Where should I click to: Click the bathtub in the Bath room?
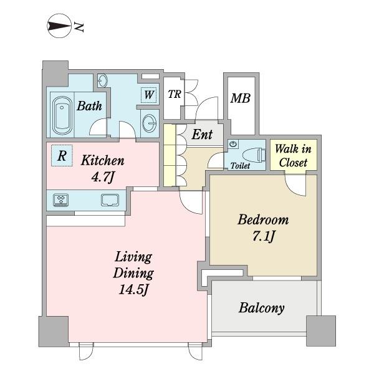62,115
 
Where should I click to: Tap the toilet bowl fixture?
254,154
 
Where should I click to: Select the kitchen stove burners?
61,200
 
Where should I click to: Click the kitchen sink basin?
110,200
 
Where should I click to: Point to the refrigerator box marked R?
62,155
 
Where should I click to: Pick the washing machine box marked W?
149,95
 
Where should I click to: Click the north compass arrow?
60,26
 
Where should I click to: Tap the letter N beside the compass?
79,27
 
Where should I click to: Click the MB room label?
240,98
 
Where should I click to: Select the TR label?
175,94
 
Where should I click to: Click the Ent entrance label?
202,134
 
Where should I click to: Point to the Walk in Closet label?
293,155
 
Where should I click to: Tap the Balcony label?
261,308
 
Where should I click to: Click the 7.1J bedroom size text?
264,237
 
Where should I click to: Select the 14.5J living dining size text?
134,290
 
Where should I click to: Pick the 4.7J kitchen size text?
103,177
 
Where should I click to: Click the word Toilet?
240,166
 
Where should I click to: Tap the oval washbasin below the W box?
150,123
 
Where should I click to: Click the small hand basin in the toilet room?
234,144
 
